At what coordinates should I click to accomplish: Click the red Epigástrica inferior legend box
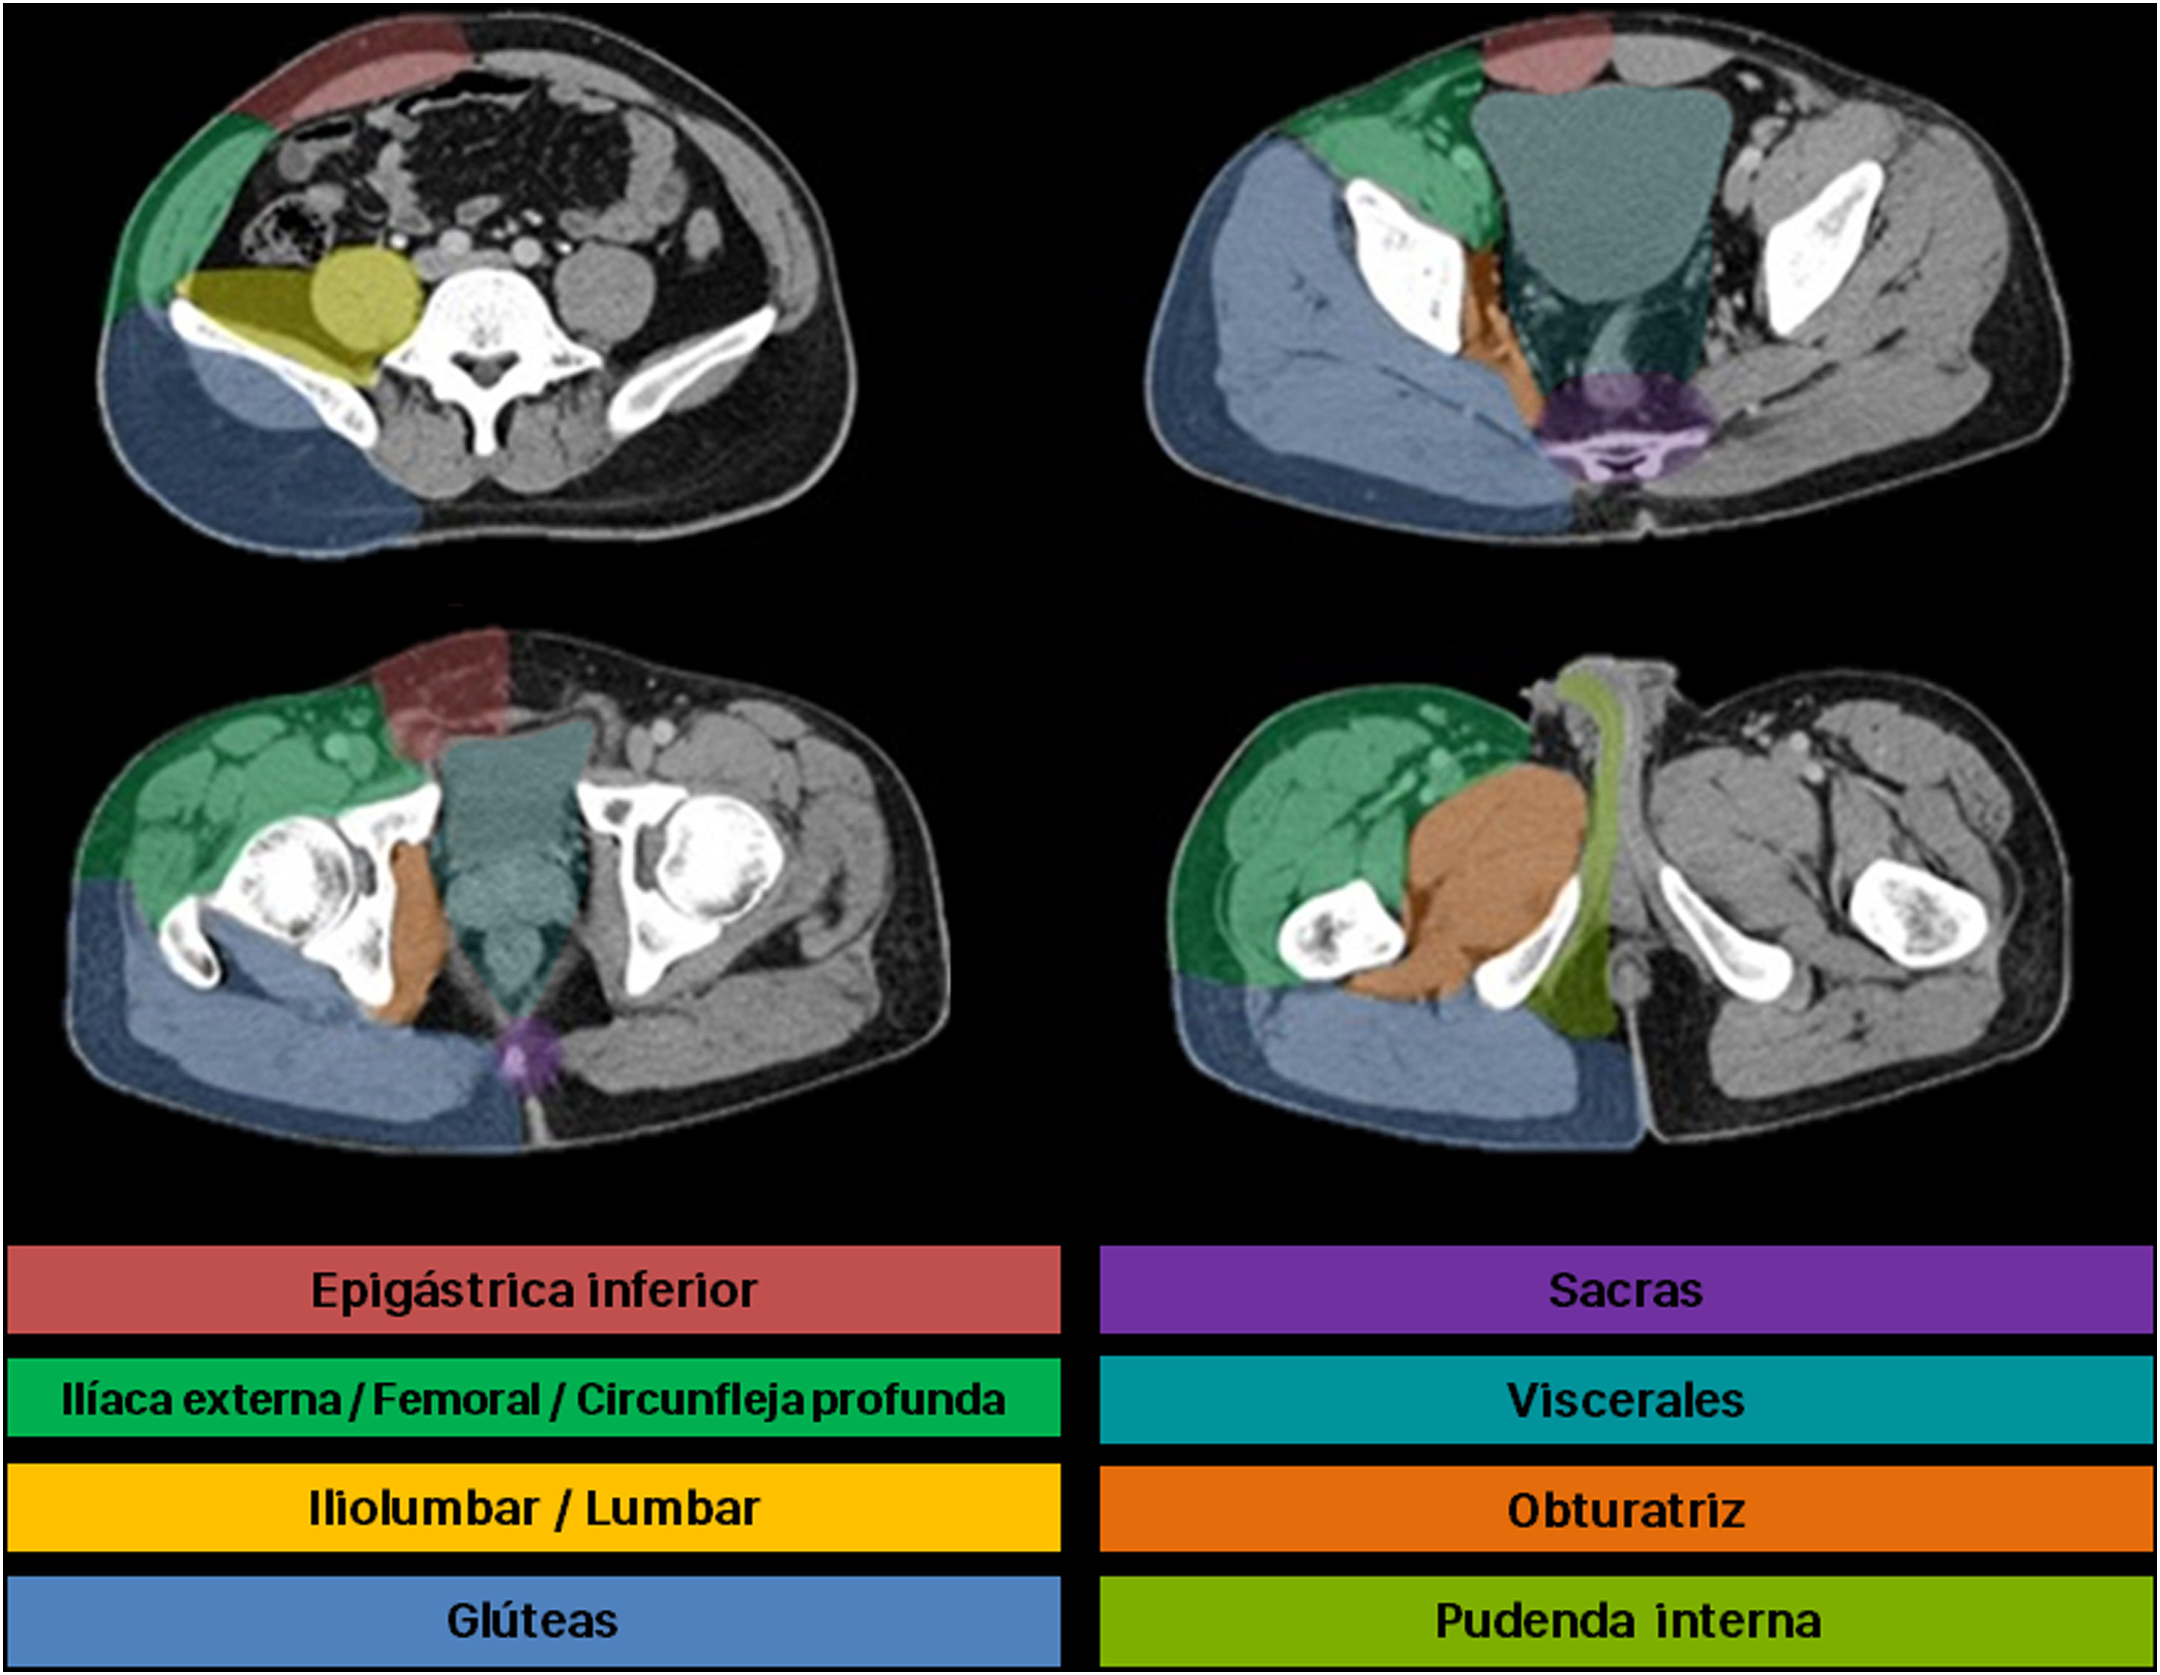[x=533, y=1290]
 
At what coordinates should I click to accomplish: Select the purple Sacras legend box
[x=1626, y=1290]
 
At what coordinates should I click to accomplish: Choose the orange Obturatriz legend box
[x=1626, y=1510]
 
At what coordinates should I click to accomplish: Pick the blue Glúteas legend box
[x=533, y=1620]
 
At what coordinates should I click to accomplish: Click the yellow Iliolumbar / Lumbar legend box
[x=533, y=1510]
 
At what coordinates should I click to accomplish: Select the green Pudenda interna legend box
[x=1626, y=1620]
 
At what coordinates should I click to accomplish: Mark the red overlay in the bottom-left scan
[x=445, y=692]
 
